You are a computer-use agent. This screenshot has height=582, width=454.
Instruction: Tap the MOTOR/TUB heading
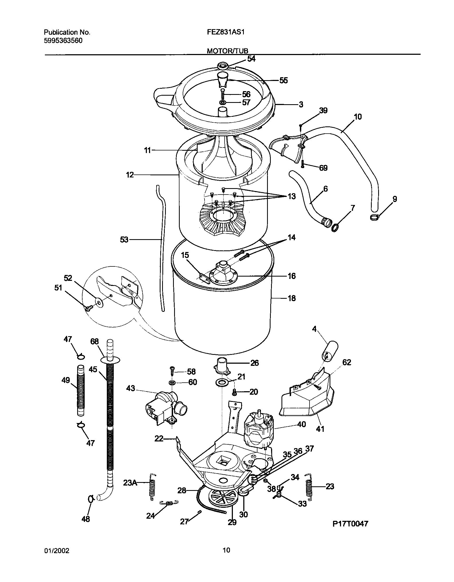click(x=228, y=51)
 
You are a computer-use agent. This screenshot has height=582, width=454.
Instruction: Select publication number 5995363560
click(x=63, y=41)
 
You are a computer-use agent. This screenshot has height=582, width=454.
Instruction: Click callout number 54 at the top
click(x=251, y=59)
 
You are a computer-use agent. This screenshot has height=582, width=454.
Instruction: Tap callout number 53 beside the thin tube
click(x=124, y=240)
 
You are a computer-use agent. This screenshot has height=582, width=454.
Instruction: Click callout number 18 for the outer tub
click(x=292, y=298)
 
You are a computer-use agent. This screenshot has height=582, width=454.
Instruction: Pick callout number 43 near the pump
click(x=131, y=388)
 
